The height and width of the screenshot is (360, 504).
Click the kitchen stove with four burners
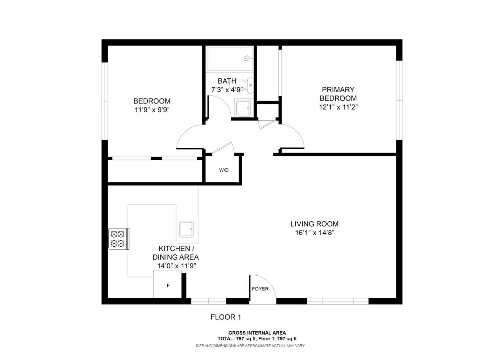(x=118, y=239)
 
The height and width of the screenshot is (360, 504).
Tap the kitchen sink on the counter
(x=186, y=229)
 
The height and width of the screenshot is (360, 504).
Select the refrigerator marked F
(x=168, y=285)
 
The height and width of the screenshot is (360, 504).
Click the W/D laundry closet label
(x=224, y=170)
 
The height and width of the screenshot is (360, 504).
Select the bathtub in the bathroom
(x=229, y=59)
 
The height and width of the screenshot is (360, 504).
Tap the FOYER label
(x=260, y=289)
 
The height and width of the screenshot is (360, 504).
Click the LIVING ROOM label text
(x=314, y=224)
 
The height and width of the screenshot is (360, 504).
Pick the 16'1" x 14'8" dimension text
(x=314, y=233)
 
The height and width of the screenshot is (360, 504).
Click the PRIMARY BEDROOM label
(x=338, y=94)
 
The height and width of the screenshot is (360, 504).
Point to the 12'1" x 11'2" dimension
(x=338, y=107)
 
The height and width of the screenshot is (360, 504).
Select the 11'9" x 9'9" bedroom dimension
(x=152, y=110)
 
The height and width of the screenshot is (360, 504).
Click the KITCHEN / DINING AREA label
(x=175, y=253)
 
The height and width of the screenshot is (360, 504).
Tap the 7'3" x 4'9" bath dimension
(x=227, y=90)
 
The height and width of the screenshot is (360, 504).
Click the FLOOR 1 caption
(x=226, y=317)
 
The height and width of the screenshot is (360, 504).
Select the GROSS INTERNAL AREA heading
(x=257, y=333)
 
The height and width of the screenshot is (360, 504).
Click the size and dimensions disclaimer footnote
(x=250, y=346)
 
